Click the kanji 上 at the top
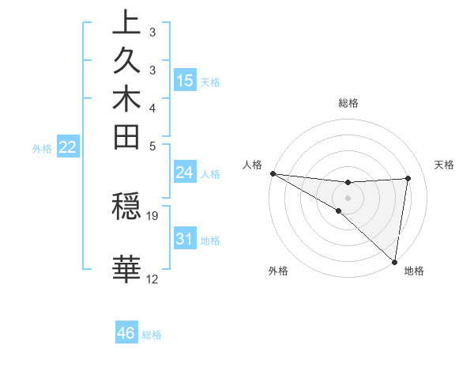pos(126,23)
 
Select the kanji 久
pos(126,61)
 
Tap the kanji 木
pos(126,100)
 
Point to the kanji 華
pos(126,270)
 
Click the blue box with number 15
pos(185,80)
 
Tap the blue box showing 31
pos(185,239)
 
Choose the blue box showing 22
pos(67,146)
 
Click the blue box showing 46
pos(126,333)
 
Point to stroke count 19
pos(152,215)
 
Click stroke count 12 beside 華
pos(152,279)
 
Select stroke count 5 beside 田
pos(152,146)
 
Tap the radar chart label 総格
pos(348,103)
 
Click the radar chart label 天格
pos(444,165)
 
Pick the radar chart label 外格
pos(277,271)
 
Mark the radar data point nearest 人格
pos(273,173)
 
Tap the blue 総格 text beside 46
pos(152,335)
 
